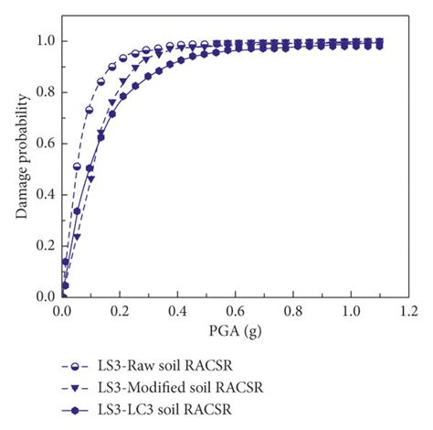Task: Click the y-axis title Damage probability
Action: tap(19, 156)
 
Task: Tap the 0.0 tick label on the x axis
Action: tap(62, 311)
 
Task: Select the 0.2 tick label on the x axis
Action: tap(120, 311)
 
